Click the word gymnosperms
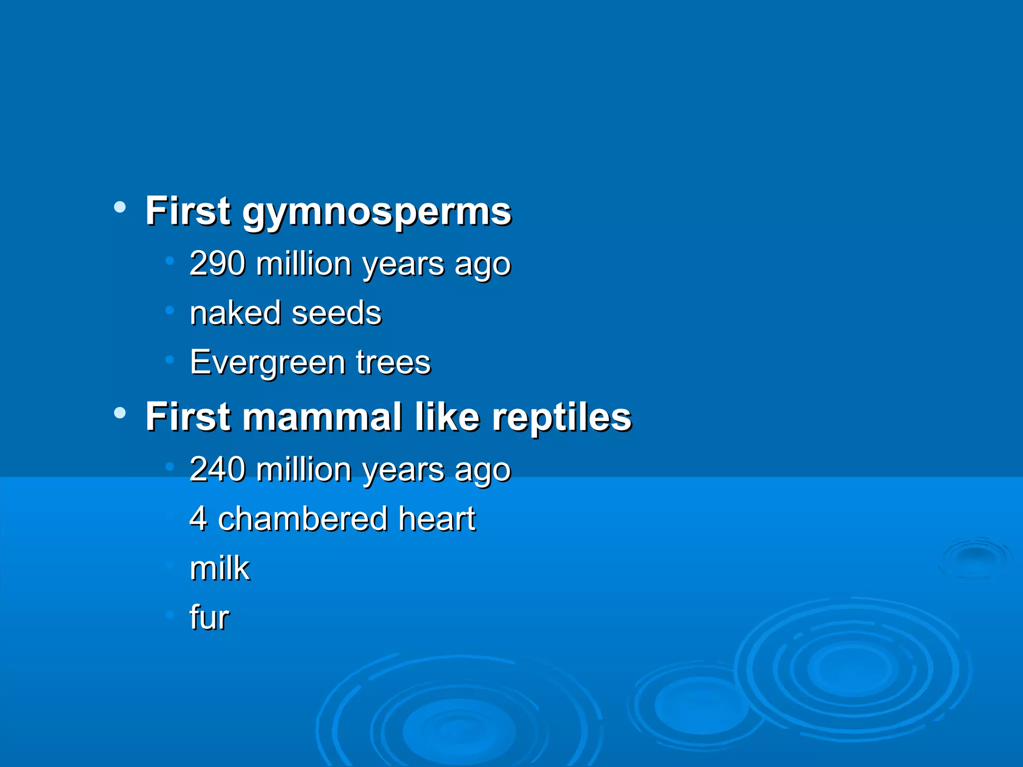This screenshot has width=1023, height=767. click(377, 212)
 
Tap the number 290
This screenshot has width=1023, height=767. click(217, 263)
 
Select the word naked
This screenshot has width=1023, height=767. click(235, 313)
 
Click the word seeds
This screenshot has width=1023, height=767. click(336, 313)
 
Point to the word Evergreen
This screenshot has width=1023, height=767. click(267, 363)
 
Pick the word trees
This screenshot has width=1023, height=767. click(393, 363)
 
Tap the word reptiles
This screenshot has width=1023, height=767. click(562, 417)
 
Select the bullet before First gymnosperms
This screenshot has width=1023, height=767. click(120, 207)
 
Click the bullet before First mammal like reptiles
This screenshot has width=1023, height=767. click(120, 413)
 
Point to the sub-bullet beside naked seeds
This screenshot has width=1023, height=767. click(170, 310)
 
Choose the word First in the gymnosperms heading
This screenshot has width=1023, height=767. click(188, 211)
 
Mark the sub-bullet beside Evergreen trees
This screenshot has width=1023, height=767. click(170, 359)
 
